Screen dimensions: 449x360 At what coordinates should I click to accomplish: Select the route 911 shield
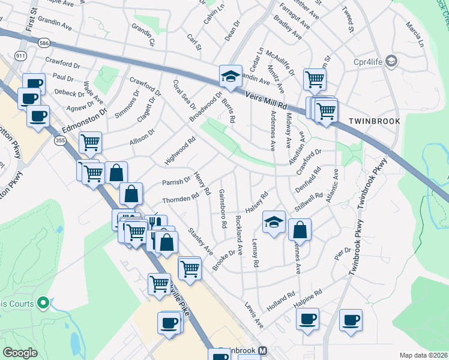tap(21, 56)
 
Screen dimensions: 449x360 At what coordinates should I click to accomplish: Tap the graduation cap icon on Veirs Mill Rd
tap(230, 76)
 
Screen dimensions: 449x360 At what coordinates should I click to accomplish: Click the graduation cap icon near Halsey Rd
tap(273, 223)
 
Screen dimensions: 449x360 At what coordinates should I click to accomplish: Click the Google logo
tap(20, 353)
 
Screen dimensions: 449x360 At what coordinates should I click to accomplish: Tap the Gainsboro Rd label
tap(223, 208)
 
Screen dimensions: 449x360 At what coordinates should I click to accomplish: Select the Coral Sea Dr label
tap(184, 95)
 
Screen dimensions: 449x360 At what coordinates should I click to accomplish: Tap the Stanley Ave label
tap(200, 240)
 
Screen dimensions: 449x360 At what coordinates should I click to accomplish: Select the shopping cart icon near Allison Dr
tap(90, 143)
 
